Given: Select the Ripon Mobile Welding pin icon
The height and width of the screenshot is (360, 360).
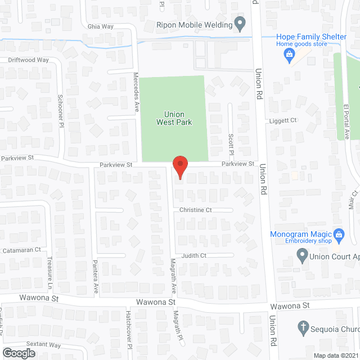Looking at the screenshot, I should pos(240,25).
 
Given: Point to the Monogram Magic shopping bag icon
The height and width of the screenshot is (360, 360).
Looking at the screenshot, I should pos(339,233).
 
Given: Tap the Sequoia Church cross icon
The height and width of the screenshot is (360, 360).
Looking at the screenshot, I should pos(303,327).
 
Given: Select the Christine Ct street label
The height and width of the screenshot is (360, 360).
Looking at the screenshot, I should pos(195,210).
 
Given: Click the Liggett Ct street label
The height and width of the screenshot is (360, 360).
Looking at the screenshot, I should pos(285,120).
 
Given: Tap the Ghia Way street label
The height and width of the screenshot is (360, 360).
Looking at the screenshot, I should pos(100,26).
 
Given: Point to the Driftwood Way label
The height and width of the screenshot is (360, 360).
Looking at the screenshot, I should pos(28,59).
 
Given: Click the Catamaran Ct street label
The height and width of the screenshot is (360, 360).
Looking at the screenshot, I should pos(22,249).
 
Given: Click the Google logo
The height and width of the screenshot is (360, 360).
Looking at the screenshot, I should pos(19,353).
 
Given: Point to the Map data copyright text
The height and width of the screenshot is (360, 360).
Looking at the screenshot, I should pos(336,355).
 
